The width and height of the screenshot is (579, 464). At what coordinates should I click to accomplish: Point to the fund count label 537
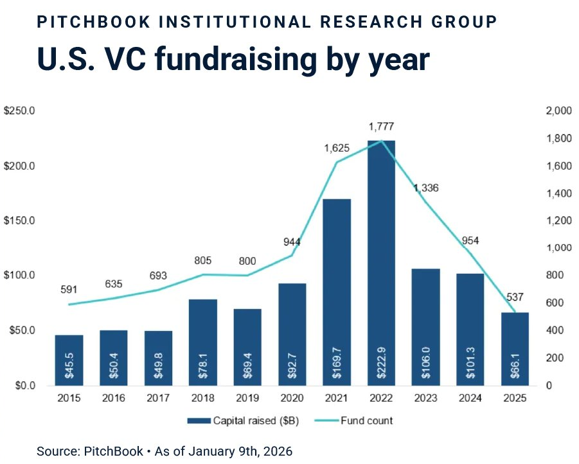[x=515, y=297]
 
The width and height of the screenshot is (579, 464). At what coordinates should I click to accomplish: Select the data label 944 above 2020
[x=292, y=242]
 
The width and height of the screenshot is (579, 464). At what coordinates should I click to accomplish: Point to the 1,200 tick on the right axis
[x=558, y=220]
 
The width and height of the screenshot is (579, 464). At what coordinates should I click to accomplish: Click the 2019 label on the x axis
[x=247, y=398]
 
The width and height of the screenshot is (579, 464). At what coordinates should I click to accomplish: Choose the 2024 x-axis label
[x=470, y=398]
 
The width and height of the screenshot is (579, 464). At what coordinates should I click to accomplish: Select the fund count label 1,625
[x=337, y=148]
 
